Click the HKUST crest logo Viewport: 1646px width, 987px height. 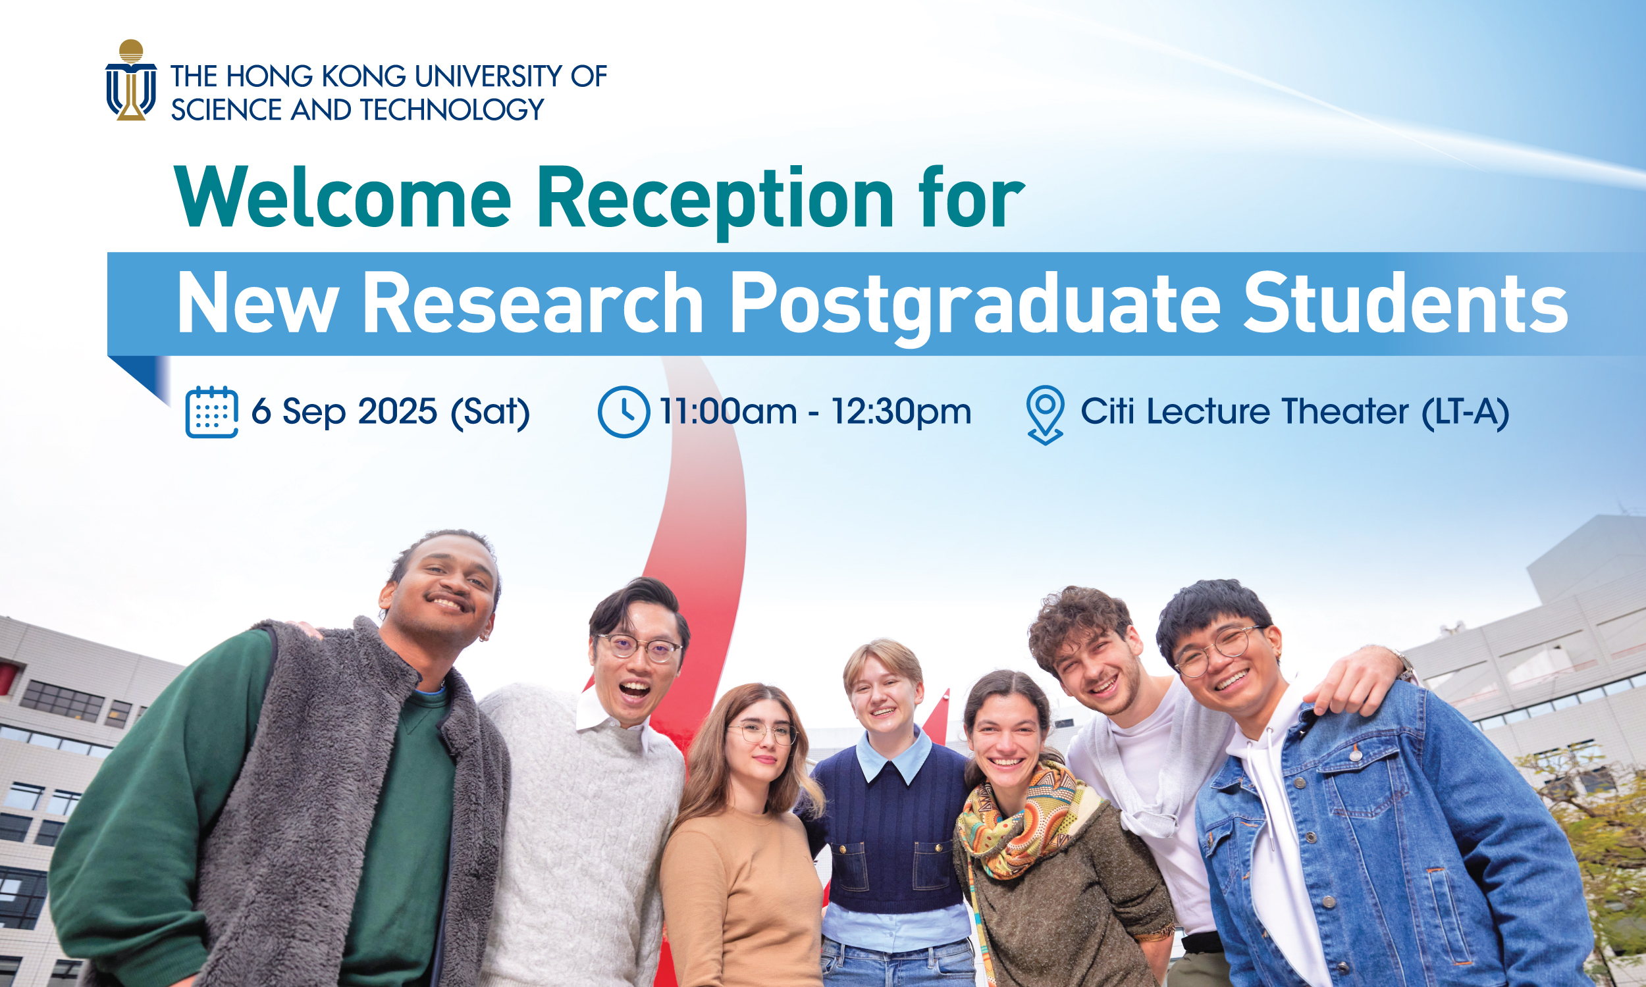click(x=131, y=80)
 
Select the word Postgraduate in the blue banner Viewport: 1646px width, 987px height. click(x=974, y=306)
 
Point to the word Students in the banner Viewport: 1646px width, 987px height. click(x=1405, y=303)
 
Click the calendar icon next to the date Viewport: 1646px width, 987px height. click(x=211, y=412)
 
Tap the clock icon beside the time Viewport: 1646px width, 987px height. click(x=624, y=412)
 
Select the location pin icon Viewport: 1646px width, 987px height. click(x=1046, y=415)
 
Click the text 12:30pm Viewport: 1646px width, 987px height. click(x=901, y=412)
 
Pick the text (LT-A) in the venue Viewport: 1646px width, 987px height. click(x=1465, y=412)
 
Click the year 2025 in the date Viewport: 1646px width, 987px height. click(x=397, y=411)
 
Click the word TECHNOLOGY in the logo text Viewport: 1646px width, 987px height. click(x=452, y=110)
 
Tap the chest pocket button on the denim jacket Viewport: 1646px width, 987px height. click(x=1355, y=754)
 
